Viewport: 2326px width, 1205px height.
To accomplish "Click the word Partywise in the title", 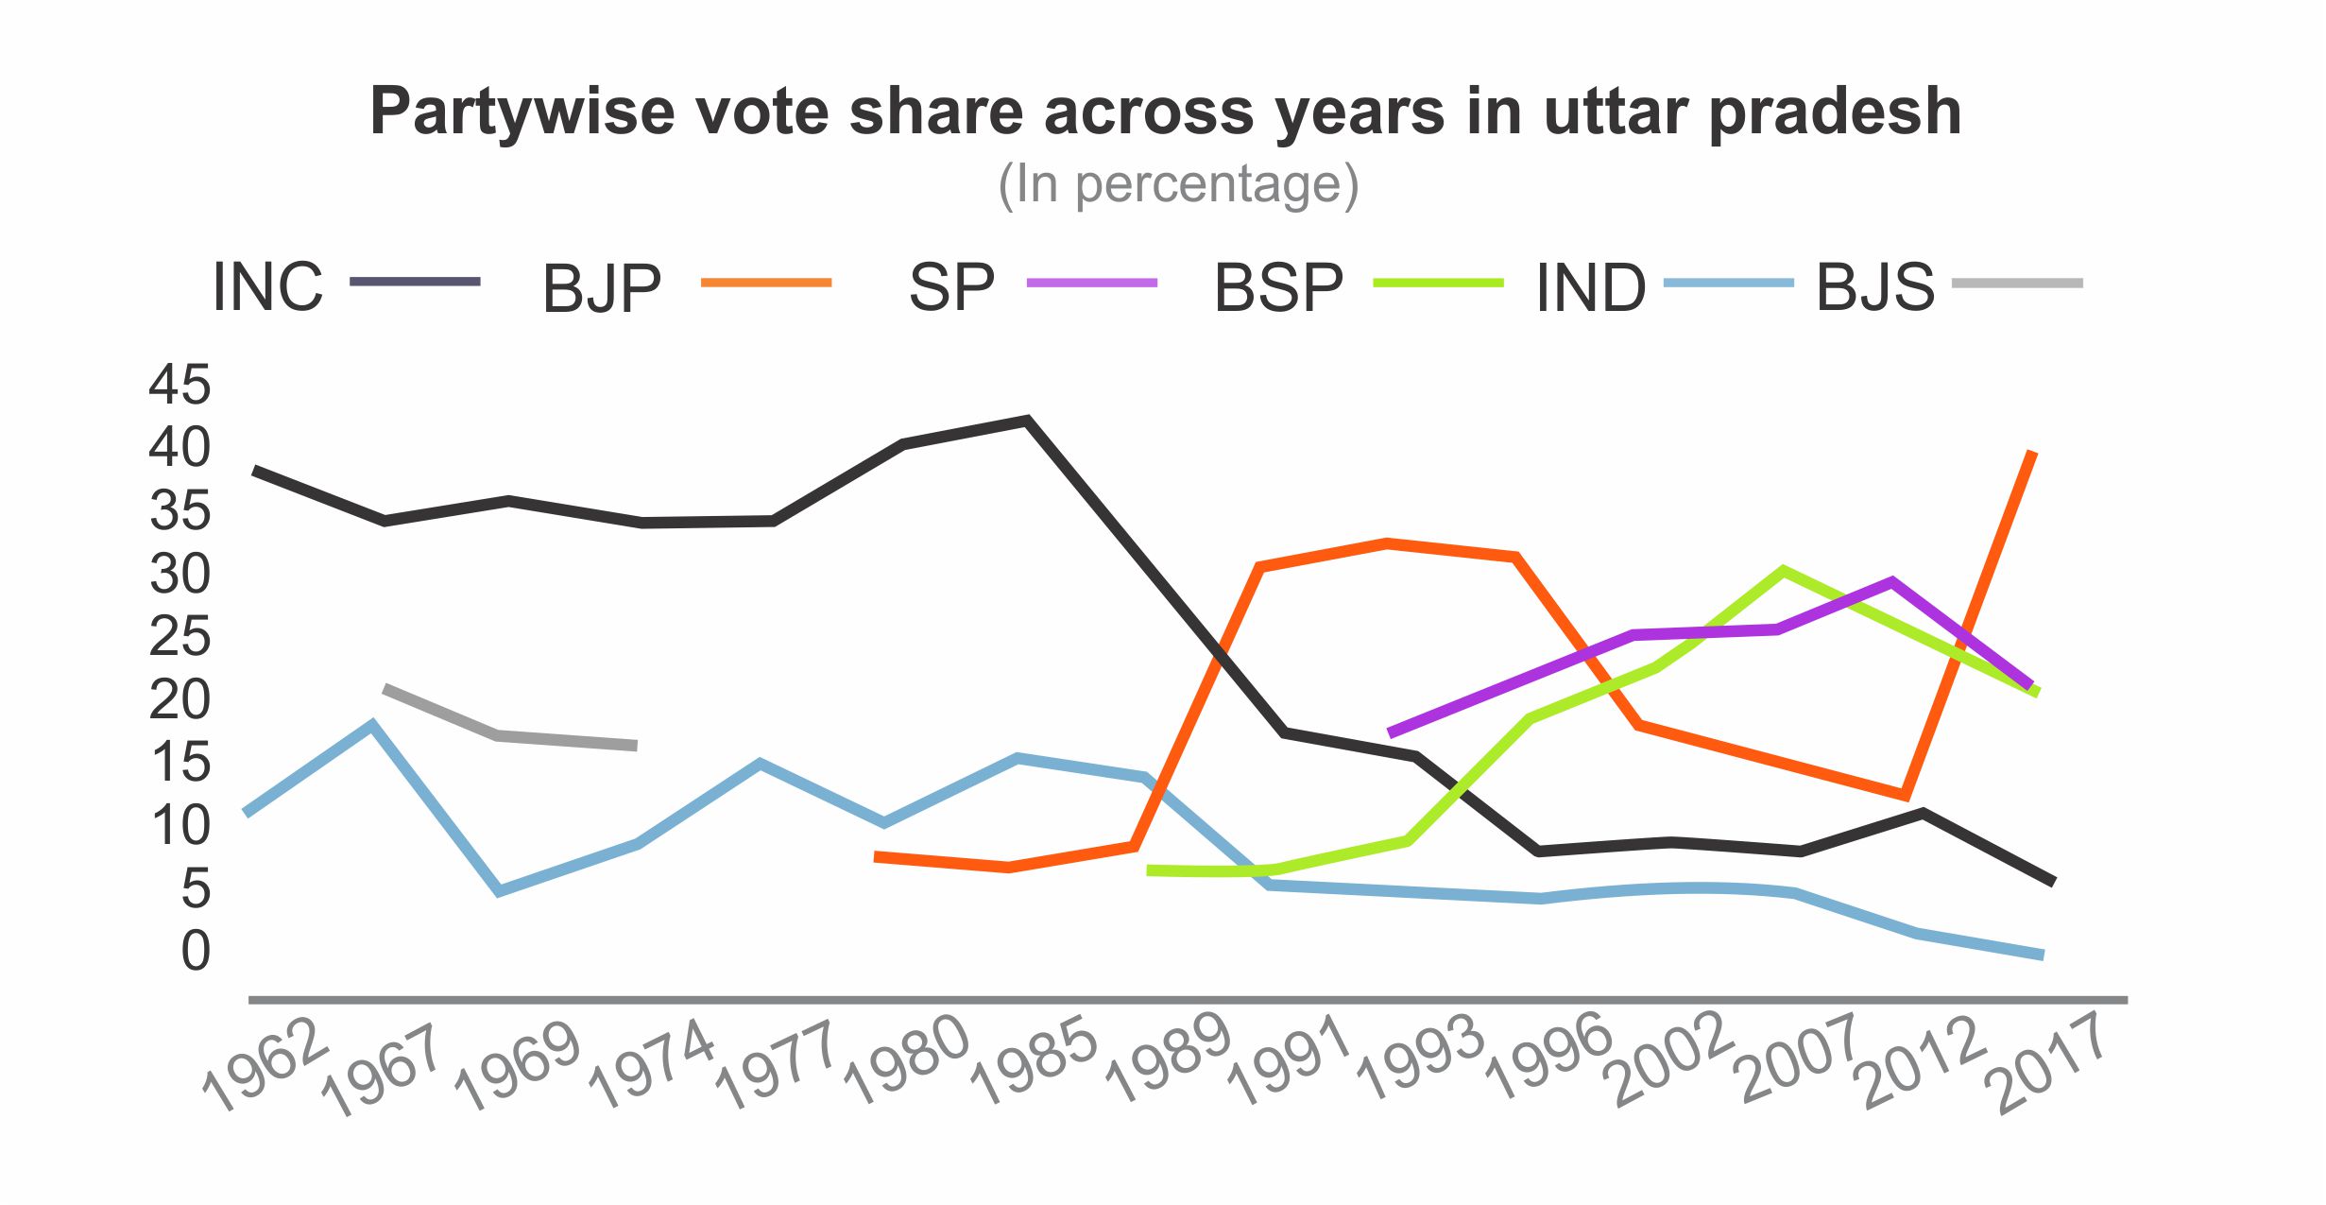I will (x=522, y=112).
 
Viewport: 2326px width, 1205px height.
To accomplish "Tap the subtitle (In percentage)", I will (x=1178, y=184).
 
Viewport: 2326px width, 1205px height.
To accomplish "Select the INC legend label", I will (x=267, y=286).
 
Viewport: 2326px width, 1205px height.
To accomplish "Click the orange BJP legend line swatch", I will (x=766, y=283).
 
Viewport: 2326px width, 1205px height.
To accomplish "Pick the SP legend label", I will (x=951, y=287).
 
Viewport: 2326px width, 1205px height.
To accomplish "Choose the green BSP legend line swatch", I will (x=1438, y=283).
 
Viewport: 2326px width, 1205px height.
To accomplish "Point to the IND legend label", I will (x=1591, y=287).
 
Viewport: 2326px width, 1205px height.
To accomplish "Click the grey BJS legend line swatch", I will (x=2017, y=283).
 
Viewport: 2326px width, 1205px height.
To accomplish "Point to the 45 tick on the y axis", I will (x=180, y=385).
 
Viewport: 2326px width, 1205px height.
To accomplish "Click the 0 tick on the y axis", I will (x=196, y=951).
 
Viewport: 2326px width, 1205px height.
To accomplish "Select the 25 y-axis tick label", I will (x=180, y=636).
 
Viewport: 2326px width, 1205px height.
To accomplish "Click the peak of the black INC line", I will (x=1027, y=420).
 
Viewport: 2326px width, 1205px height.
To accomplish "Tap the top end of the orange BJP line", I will (x=2033, y=453).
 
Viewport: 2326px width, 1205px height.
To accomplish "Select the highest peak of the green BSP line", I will (x=1782, y=570).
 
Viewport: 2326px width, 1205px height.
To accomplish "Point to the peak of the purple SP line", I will (x=1891, y=581).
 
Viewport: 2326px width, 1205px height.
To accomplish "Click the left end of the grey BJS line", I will (x=385, y=689).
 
